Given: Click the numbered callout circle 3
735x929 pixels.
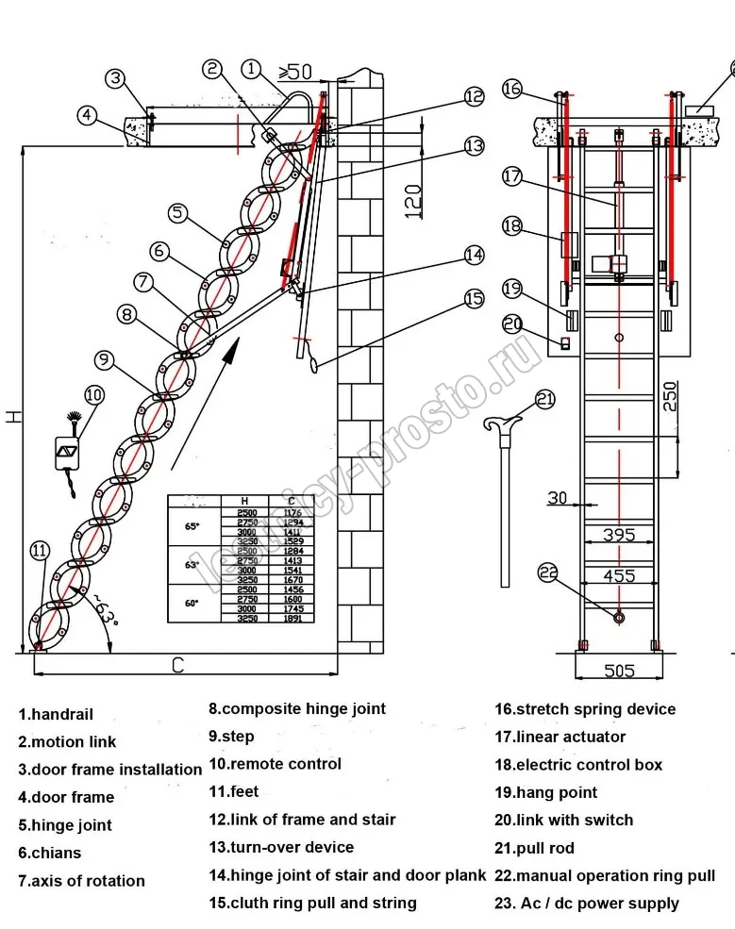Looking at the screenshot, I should pyautogui.click(x=114, y=77).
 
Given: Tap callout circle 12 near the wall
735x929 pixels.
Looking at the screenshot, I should pyautogui.click(x=474, y=96).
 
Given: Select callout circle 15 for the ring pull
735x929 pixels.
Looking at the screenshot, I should pyautogui.click(x=474, y=299).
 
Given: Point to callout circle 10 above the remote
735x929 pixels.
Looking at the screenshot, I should pyautogui.click(x=94, y=394).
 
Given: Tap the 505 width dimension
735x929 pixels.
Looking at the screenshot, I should pyautogui.click(x=619, y=671).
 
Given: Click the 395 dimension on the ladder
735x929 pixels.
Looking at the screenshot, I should pyautogui.click(x=619, y=535).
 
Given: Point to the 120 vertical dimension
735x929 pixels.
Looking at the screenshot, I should pyautogui.click(x=412, y=201).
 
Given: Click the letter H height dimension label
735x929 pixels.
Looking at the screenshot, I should pyautogui.click(x=12, y=415).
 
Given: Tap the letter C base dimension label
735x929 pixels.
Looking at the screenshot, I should pyautogui.click(x=177, y=666).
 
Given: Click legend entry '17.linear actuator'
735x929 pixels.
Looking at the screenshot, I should pyautogui.click(x=560, y=737).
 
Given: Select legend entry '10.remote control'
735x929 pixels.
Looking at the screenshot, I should pyautogui.click(x=275, y=764).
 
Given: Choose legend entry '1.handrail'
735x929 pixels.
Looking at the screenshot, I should pyautogui.click(x=56, y=715).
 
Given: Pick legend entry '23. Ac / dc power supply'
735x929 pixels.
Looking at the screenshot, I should pyautogui.click(x=586, y=904).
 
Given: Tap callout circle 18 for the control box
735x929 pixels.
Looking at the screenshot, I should pyautogui.click(x=512, y=225).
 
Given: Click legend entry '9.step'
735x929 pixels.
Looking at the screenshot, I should pyautogui.click(x=231, y=737).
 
